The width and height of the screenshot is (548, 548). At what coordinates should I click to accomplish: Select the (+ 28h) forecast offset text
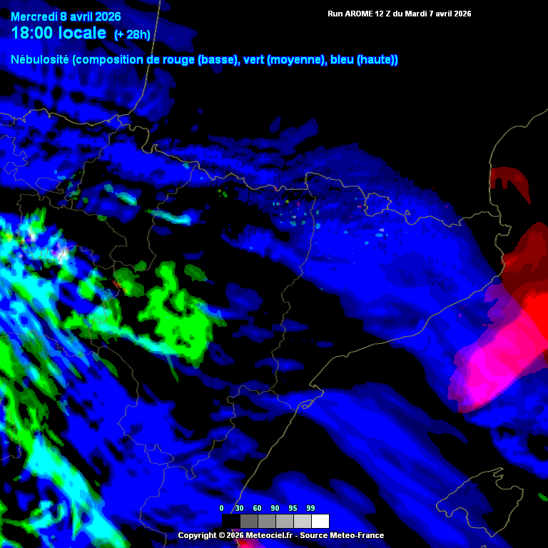pyautogui.click(x=132, y=34)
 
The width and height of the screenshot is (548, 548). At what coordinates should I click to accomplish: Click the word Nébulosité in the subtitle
pyautogui.click(x=40, y=60)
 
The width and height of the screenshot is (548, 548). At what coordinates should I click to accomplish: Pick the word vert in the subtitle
pyautogui.click(x=255, y=60)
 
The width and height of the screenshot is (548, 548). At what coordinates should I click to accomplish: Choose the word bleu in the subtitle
pyautogui.click(x=342, y=60)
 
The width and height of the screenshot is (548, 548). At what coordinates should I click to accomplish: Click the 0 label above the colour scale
pyautogui.click(x=221, y=508)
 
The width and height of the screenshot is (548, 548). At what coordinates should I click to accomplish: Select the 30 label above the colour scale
pyautogui.click(x=240, y=508)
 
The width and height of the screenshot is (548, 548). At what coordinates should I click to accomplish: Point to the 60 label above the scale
pyautogui.click(x=258, y=508)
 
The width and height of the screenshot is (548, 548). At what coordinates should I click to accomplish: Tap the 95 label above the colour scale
pyautogui.click(x=293, y=508)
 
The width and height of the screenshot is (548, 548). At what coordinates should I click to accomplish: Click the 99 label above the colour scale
pyautogui.click(x=311, y=508)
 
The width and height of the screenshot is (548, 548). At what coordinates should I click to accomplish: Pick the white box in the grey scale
pyautogui.click(x=320, y=521)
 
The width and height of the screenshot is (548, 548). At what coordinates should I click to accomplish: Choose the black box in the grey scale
pyautogui.click(x=230, y=521)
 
